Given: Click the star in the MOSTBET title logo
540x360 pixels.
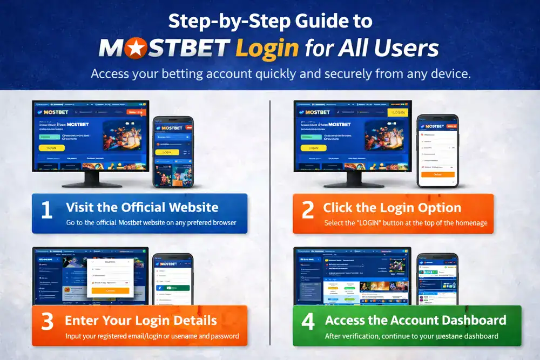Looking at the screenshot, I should point(132,49).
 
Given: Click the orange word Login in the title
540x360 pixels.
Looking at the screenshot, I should point(267,49).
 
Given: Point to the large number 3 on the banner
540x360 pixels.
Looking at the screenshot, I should point(47,322).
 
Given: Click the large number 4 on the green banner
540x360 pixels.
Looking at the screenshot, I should point(308,322).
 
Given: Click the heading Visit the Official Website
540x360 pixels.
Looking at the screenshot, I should point(142,207).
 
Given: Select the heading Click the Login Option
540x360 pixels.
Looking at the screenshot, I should point(392,208).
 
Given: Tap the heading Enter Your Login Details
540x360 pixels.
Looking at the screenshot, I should point(140,321).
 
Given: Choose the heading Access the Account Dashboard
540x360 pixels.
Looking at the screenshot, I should point(415,320).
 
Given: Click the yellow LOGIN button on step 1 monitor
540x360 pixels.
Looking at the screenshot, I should point(52,148).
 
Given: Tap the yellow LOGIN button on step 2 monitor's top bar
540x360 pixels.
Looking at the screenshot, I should point(398,112).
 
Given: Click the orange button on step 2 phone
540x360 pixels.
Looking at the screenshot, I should point(437,174).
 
